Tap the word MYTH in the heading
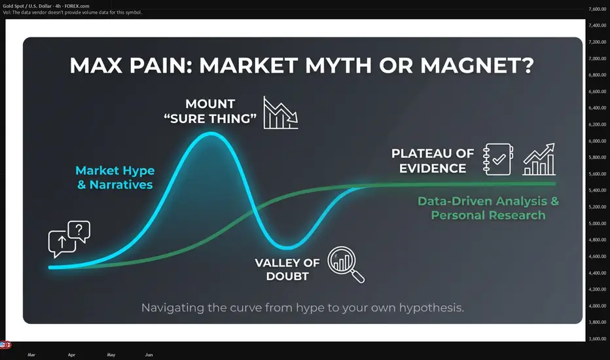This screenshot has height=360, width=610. click(338, 65)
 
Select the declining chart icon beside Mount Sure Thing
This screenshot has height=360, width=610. click(281, 113)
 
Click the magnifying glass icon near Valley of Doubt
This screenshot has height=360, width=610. click(346, 264)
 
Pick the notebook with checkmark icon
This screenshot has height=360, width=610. click(498, 159)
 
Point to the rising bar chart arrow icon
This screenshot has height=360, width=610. click(539, 159)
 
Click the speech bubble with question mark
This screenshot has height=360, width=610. click(79, 232)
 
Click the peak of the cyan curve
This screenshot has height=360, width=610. click(211, 134)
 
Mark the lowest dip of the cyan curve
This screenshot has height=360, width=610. click(287, 247)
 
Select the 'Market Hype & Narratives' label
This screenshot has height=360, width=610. click(115, 177)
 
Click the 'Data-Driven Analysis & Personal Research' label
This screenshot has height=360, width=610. click(488, 208)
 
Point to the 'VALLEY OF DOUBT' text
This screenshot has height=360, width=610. click(287, 269)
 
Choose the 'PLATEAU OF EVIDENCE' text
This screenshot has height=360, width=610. click(433, 161)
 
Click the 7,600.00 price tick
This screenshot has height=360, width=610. click(597, 9)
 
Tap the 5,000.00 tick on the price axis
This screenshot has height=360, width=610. click(597, 223)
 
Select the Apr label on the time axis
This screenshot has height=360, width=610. click(71, 355)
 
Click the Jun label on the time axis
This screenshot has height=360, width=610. click(149, 355)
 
